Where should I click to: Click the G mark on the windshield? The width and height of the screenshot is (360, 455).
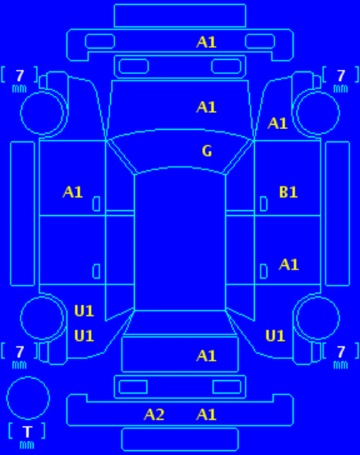point(207,151)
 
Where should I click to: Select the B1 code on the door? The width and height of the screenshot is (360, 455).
point(288,192)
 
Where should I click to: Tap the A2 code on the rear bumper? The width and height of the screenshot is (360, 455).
point(154,414)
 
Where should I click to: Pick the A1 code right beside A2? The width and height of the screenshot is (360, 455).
point(206,414)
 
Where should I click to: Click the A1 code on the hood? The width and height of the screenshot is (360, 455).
point(206,107)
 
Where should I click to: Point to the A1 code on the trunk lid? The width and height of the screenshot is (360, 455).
point(206,356)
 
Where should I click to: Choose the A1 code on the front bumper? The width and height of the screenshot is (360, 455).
point(206,42)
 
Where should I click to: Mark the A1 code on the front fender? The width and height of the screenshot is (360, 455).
point(277,123)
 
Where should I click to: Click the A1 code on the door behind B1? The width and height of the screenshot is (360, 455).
point(289,265)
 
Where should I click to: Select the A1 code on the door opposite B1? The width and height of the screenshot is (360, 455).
point(73,192)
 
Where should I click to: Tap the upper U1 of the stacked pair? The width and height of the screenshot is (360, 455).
point(84,311)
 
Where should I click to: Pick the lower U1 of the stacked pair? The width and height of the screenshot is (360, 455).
point(84,336)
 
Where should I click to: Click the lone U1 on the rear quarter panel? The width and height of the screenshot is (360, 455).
point(275,336)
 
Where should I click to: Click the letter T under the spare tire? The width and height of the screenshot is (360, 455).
point(28,432)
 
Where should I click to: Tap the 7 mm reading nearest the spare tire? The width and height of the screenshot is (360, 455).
point(20,356)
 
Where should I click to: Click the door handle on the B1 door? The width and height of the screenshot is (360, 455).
point(263,204)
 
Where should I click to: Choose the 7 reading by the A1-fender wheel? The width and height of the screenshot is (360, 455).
point(341,75)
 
